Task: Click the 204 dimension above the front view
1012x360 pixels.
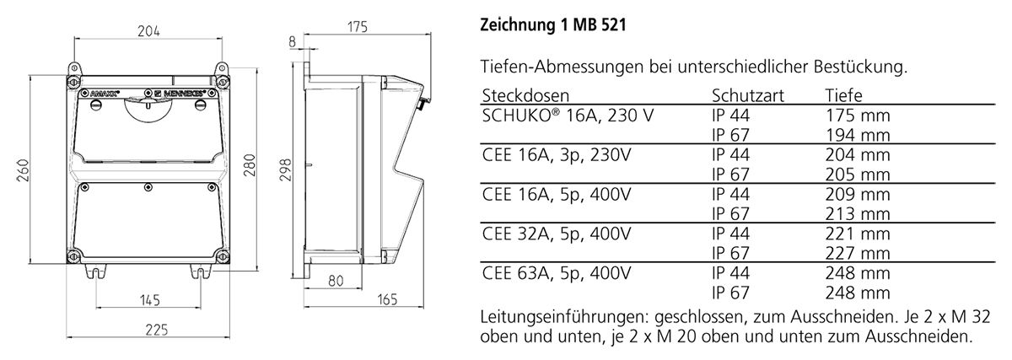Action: coord(148,31)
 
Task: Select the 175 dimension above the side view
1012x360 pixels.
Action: coord(358,28)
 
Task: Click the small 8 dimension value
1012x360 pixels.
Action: coord(292,40)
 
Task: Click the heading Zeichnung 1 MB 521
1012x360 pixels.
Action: coord(553,26)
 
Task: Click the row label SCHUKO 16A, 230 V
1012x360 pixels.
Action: coord(567,116)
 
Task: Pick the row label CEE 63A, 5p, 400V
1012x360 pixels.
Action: coord(556,273)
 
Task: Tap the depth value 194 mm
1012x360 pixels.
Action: coord(857,135)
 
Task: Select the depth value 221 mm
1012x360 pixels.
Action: coord(857,234)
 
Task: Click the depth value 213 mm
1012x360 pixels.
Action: coord(857,214)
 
